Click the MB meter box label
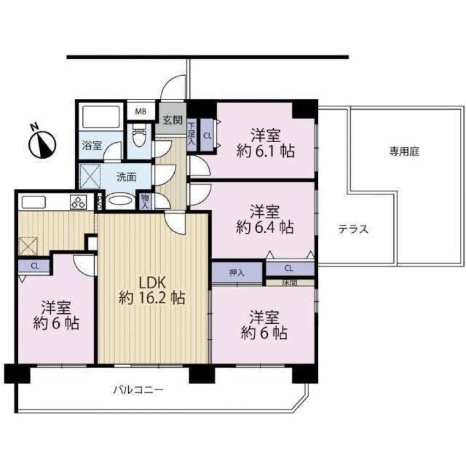click(x=140, y=111)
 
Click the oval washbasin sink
click(x=120, y=201)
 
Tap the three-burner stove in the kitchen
click(x=78, y=202)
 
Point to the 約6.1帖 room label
click(x=266, y=144)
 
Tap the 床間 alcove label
click(x=289, y=282)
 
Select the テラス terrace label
click(x=353, y=229)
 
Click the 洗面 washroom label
click(x=126, y=177)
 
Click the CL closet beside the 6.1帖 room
click(x=207, y=136)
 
